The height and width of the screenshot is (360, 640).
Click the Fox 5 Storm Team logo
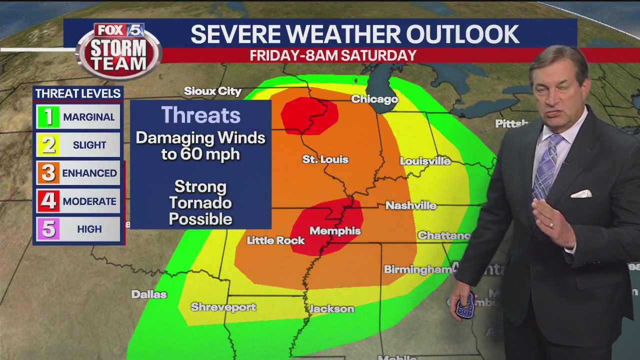coord(119,50)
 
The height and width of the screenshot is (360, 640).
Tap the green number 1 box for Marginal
coord(48,117)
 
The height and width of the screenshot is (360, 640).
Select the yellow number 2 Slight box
coord(48,145)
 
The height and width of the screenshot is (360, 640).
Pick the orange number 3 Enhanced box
coord(48,173)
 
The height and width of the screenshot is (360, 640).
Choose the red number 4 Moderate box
coord(48,201)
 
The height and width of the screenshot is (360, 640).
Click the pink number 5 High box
coord(48,229)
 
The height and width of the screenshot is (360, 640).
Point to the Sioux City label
coord(212,91)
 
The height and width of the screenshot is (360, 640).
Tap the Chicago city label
coord(374,99)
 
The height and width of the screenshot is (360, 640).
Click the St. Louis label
coord(325,159)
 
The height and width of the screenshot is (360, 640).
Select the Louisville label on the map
coord(425,161)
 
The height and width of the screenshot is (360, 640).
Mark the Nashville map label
coord(411,205)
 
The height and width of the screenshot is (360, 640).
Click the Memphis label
coord(335,231)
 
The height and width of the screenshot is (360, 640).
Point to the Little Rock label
coord(275,240)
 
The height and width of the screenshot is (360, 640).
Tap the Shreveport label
coord(223,307)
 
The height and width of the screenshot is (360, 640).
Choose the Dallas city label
coord(149,294)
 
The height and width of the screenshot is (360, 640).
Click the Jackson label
coord(332,309)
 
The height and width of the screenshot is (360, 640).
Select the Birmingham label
coord(417,269)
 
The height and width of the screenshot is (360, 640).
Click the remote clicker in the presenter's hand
coord(465,306)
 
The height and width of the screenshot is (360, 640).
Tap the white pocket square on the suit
coord(581,193)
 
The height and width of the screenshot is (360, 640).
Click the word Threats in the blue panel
coord(200,115)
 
